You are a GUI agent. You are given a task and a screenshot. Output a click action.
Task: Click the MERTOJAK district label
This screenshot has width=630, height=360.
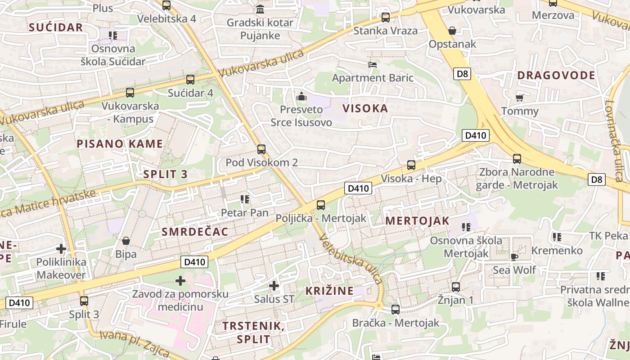click(417, 220)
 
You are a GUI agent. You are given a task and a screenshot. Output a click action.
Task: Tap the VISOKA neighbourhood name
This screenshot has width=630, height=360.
click(365, 108)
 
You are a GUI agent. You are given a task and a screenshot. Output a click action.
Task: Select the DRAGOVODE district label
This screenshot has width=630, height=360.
click(556, 75)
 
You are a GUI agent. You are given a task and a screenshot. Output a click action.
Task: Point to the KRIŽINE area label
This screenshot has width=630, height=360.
click(329, 291)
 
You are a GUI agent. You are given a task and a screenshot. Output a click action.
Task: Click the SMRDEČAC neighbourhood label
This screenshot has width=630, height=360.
click(195, 232)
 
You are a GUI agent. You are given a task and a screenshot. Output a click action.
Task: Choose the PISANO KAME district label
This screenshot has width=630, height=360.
click(120, 144)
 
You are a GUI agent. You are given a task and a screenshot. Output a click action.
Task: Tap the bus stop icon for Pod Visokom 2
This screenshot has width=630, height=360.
click(261, 149)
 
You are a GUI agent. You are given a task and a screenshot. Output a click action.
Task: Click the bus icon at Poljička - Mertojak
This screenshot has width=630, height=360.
click(320, 205)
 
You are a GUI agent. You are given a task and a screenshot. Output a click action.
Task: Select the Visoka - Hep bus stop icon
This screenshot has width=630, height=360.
click(411, 165)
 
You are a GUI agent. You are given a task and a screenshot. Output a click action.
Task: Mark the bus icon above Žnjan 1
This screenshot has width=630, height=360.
click(456, 287)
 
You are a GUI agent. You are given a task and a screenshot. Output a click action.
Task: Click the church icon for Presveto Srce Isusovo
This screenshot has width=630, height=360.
click(301, 96)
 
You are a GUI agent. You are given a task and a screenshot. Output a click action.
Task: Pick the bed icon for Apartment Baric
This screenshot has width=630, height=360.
click(373, 65)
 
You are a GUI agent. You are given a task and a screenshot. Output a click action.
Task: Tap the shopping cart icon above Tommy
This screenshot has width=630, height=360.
click(520, 98)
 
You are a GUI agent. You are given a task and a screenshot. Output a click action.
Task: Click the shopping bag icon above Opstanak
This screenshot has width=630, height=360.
click(452, 31)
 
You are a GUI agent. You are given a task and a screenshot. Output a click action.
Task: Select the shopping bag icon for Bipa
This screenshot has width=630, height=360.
click(126, 241)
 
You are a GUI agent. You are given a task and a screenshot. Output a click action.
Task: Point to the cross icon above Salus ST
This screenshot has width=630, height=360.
click(274, 285)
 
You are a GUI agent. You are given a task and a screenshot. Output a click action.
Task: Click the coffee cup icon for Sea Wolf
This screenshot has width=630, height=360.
click(514, 256)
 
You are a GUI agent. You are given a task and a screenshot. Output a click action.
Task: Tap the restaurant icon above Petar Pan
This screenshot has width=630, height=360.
click(245, 199)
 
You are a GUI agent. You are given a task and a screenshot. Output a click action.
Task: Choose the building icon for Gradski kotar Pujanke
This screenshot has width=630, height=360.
click(260, 9)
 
